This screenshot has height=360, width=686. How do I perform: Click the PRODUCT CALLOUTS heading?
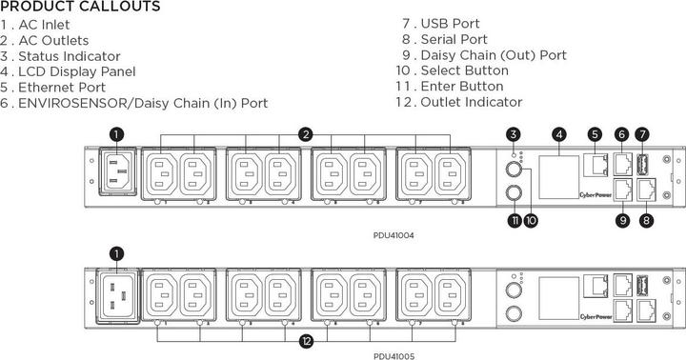(x=80, y=8)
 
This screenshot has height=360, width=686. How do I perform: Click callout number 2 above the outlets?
(x=306, y=134)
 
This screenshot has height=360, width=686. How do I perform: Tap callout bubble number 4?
(x=558, y=134)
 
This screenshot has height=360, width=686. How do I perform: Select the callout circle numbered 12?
(x=306, y=340)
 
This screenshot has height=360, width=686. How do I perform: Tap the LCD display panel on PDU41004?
(x=558, y=171)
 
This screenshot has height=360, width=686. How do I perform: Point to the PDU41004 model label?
(x=393, y=233)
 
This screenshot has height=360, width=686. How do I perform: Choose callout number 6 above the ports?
(x=621, y=134)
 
